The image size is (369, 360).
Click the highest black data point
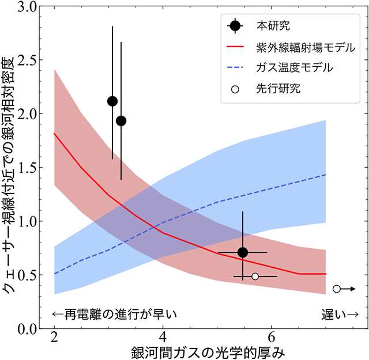(112, 101)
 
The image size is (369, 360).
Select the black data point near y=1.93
(121, 120)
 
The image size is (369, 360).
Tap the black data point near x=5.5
(243, 252)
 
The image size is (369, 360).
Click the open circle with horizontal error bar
(255, 276)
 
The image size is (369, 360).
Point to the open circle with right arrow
(337, 289)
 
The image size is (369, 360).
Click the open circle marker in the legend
(235, 89)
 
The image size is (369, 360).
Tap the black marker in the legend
(235, 26)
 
